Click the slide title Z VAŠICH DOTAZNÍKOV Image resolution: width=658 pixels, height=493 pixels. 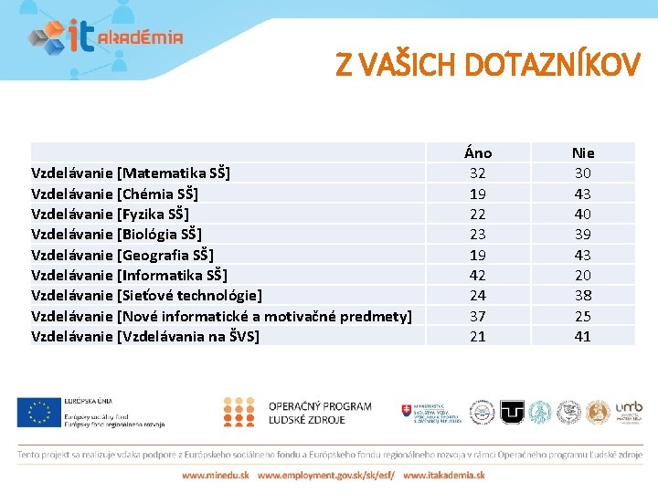click(x=488, y=65)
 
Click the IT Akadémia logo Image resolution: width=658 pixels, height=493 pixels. click(x=105, y=37)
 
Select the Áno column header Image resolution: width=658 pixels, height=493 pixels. click(x=477, y=152)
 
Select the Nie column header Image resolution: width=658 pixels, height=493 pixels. click(x=582, y=152)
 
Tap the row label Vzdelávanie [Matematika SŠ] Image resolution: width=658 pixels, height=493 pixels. click(x=131, y=173)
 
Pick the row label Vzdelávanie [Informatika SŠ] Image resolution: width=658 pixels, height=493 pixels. click(x=129, y=275)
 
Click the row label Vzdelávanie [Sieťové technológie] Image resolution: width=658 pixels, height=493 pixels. click(x=146, y=295)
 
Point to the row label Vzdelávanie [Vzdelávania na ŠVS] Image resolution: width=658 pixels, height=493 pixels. click(x=145, y=336)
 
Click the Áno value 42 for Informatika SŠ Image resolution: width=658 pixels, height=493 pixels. click(x=477, y=275)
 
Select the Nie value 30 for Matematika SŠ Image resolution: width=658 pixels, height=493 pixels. click(x=582, y=173)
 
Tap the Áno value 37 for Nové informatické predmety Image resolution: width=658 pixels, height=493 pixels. click(x=477, y=316)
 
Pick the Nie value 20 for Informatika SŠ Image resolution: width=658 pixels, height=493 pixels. click(x=582, y=275)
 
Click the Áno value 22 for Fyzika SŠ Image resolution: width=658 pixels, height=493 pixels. click(x=477, y=214)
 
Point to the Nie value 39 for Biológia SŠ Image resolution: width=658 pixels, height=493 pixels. click(x=582, y=234)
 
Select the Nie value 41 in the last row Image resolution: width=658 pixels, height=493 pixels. click(x=582, y=336)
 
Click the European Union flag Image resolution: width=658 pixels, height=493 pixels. click(x=37, y=412)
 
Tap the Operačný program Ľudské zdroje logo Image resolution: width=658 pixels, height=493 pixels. click(x=298, y=412)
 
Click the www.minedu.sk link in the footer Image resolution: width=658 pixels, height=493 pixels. click(x=215, y=475)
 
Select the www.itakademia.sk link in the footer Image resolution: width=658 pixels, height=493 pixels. click(x=444, y=475)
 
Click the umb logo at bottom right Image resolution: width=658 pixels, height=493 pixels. click(x=629, y=411)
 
